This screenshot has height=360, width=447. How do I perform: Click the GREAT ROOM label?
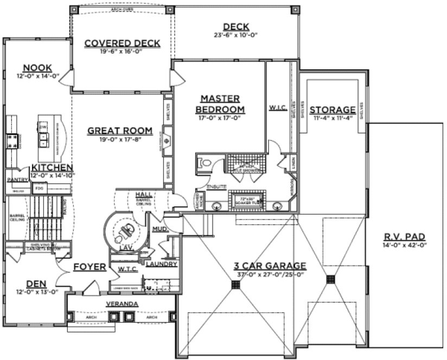(x=119, y=131)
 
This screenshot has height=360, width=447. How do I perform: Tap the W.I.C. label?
(x=277, y=108)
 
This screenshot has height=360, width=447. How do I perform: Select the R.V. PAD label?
(x=406, y=236)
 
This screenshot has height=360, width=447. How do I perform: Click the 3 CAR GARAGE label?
(x=270, y=266)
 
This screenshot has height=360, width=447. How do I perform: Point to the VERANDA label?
(x=122, y=304)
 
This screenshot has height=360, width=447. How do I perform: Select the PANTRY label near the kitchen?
(x=17, y=179)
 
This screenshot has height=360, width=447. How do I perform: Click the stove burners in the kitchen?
(x=11, y=141)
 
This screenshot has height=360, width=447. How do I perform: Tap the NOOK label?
(x=38, y=68)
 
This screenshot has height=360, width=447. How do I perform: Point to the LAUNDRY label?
(x=162, y=264)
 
